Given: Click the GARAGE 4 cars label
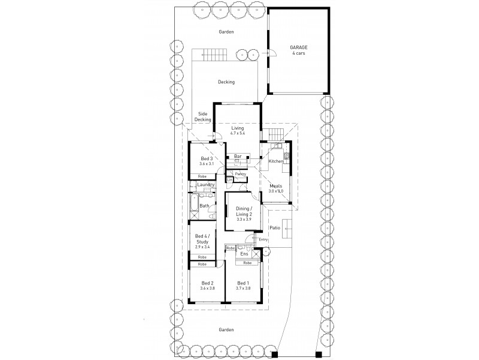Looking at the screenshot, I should pos(298,51).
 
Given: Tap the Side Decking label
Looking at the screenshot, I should pos(203,117).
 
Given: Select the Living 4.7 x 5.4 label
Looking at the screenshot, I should pos(238,130).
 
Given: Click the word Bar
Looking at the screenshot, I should pos(238,157).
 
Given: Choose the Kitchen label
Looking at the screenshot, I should pos(275,161).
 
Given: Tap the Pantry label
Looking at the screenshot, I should pos(240,174).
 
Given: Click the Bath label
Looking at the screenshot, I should pos(204,206).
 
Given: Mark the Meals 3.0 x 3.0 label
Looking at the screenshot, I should pos(275,188).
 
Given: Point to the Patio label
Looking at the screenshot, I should pos(275,228).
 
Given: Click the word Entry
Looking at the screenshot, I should pos(263,239).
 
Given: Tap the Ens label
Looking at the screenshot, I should pos(244,254).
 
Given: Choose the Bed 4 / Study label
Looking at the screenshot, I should pos(202,242).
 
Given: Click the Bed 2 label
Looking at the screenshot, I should pos(207,286).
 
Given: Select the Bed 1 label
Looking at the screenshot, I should pos(242,286).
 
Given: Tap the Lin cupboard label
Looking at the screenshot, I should pos(229,179).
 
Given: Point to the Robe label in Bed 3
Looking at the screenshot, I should pos(202,176).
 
